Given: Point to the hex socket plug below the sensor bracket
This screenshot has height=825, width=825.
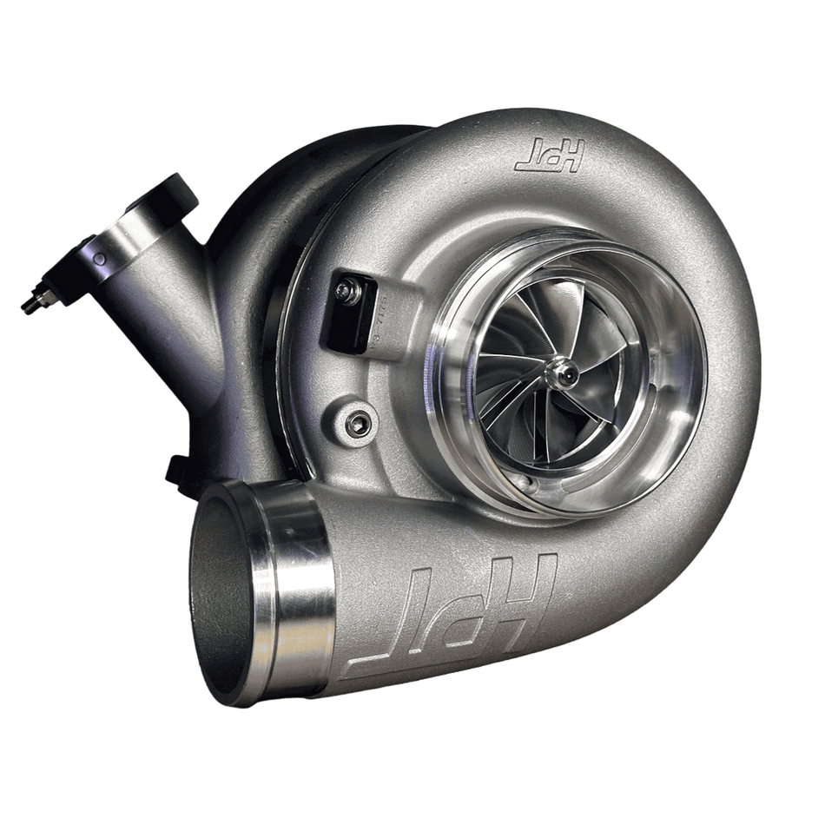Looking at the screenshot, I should pyautogui.click(x=354, y=423).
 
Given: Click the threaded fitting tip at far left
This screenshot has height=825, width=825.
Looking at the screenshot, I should pyautogui.click(x=28, y=303).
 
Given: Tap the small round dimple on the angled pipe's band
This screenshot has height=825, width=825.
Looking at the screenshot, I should pyautogui.click(x=101, y=258).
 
